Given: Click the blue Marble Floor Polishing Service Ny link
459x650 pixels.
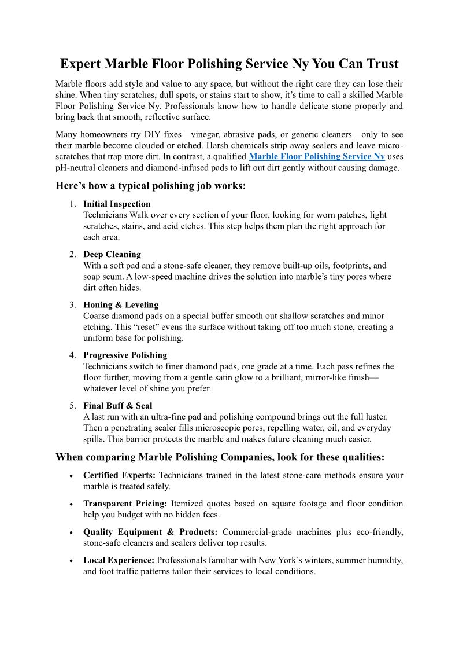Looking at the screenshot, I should tap(316, 157).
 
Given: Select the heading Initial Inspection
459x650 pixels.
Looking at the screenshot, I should tap(117, 204).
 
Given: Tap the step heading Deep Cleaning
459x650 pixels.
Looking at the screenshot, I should tap(112, 254).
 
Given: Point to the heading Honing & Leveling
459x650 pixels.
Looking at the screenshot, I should tap(121, 304).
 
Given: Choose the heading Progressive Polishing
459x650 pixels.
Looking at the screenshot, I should tap(125, 355).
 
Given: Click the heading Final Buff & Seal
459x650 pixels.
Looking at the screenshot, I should tap(118, 406).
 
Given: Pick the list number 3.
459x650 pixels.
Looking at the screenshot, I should tap(72, 304).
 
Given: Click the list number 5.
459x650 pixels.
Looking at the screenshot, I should tap(72, 406).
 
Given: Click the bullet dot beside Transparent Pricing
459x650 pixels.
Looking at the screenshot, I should tap(70, 504).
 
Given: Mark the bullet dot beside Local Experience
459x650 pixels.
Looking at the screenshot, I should tap(70, 561).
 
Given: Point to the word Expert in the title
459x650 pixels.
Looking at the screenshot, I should tap(82, 63).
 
